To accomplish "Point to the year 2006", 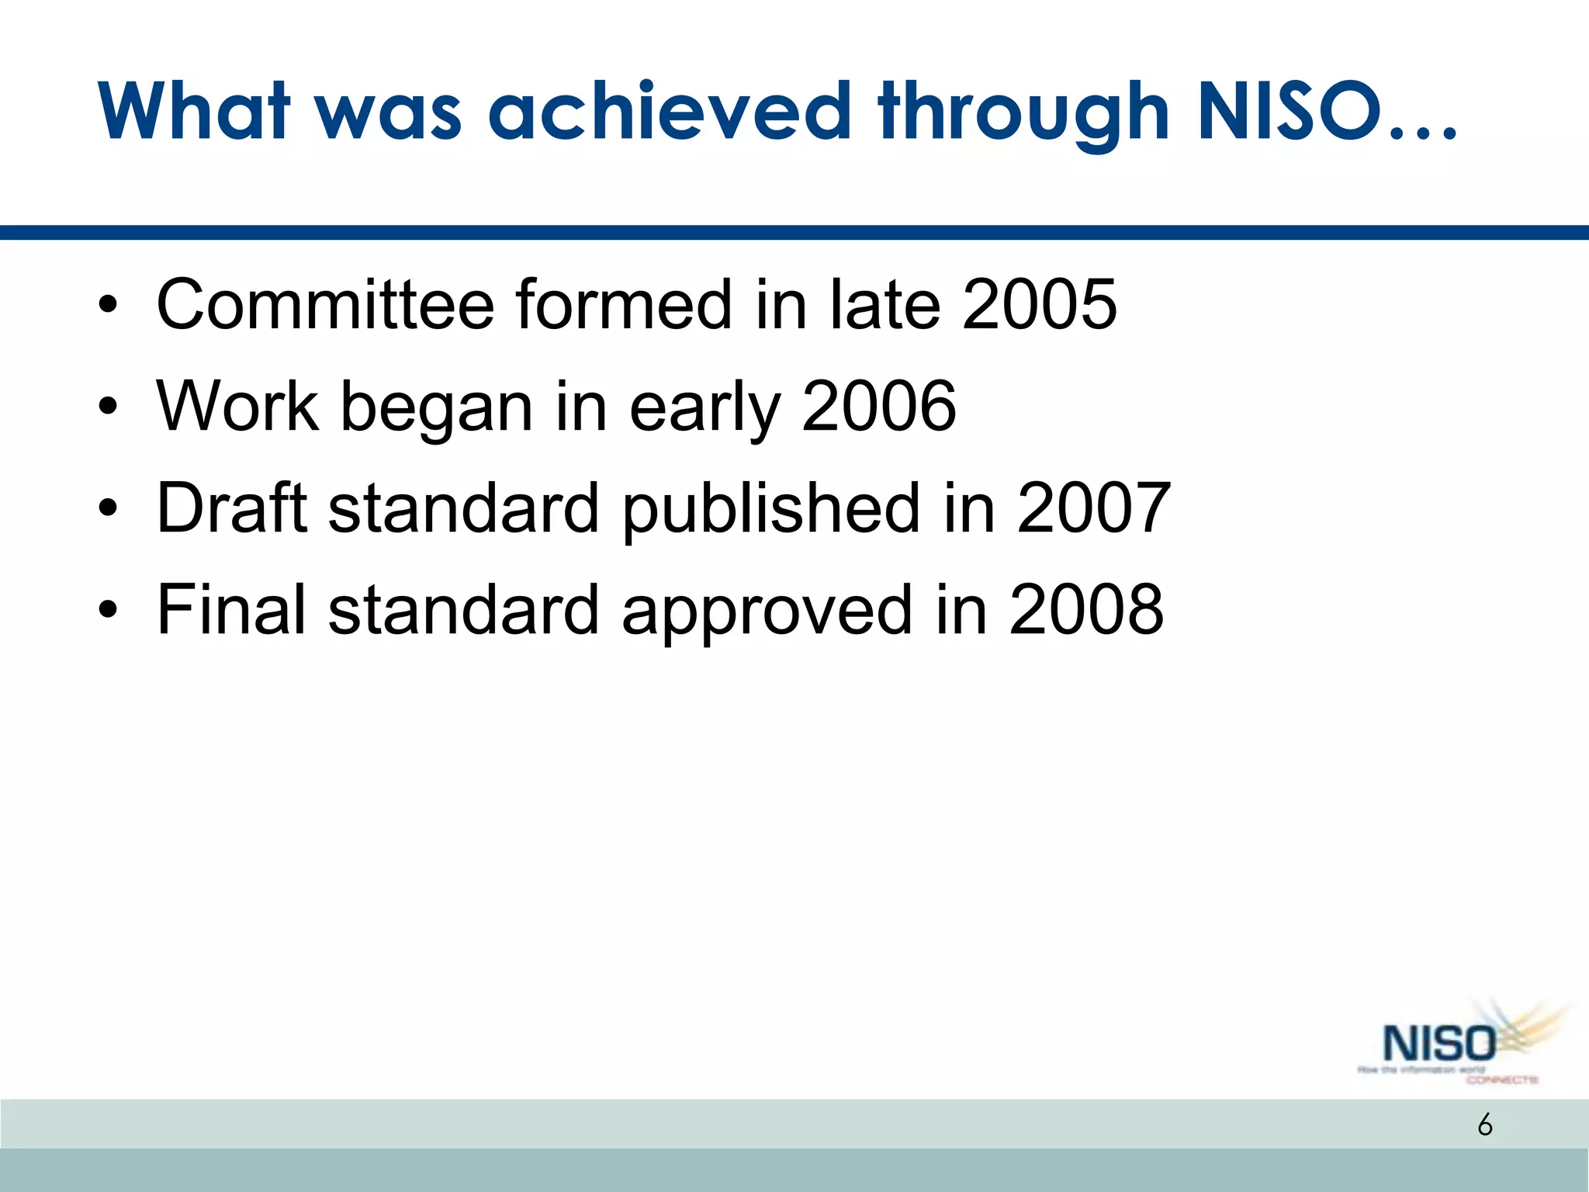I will tap(878, 406).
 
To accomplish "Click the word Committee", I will tap(325, 304).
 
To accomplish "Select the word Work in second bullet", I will tap(237, 406).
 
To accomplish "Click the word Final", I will tap(231, 610).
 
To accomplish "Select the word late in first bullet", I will tap(885, 304).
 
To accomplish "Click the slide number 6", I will tap(1484, 1124).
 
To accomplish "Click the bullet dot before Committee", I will tap(108, 304).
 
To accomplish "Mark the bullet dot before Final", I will tap(108, 610).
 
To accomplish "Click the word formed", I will tap(624, 304).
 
